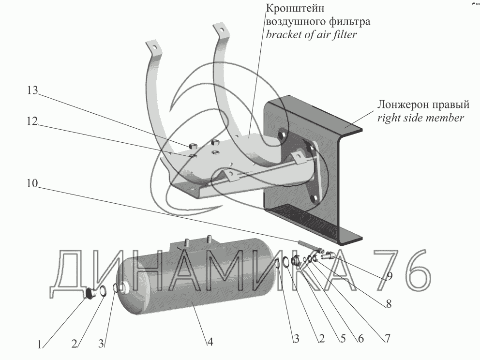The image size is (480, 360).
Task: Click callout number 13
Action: click(x=32, y=91)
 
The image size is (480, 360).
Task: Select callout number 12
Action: click(x=32, y=123)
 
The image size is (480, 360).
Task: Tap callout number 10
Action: click(x=32, y=184)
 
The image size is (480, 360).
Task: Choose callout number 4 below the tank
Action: click(x=210, y=342)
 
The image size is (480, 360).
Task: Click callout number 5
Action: click(x=342, y=340)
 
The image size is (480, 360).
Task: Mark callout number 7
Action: click(x=387, y=339)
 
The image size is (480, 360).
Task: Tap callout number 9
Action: click(x=389, y=276)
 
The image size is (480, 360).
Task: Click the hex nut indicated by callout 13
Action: click(x=192, y=145)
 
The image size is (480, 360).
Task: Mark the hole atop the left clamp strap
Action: click(x=152, y=47)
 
